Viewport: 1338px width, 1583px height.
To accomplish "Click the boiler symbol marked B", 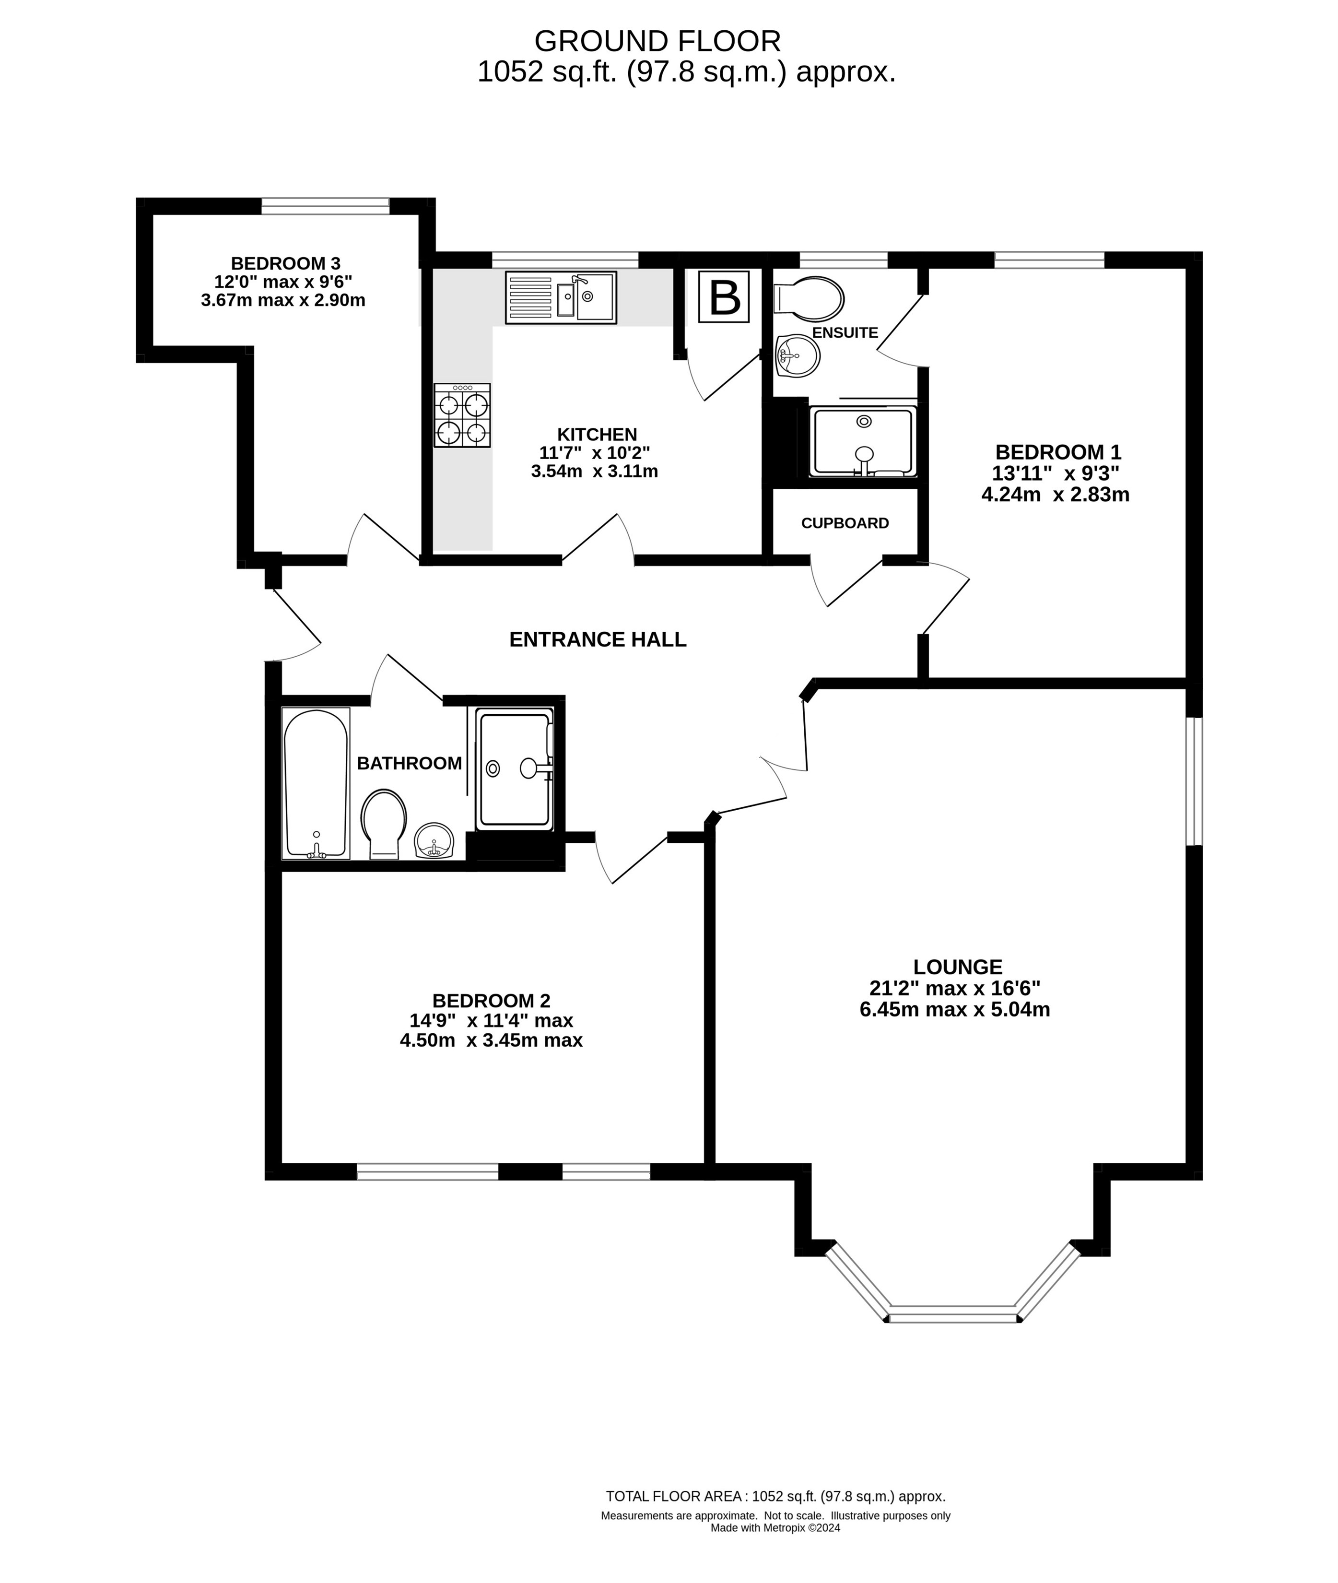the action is tap(724, 296).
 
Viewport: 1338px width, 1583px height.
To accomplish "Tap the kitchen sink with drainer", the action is tap(561, 297).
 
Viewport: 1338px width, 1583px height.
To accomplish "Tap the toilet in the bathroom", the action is tap(384, 824).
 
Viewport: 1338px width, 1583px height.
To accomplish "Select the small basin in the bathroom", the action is tap(434, 841).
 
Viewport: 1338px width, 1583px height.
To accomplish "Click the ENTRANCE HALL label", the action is tap(598, 639).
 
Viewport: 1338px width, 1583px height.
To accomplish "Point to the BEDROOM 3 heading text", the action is tap(285, 263).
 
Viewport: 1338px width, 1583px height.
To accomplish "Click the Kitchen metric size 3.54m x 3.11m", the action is tap(595, 471).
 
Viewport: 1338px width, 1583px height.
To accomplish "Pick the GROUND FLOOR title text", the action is tap(657, 40).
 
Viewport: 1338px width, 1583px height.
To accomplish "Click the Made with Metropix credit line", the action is tap(775, 1528).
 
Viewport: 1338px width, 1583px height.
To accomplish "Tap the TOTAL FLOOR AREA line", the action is tap(775, 1497).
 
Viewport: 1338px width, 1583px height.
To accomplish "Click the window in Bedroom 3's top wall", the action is tap(326, 206).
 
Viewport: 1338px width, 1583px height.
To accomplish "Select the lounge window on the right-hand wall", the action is tap(1195, 781).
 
